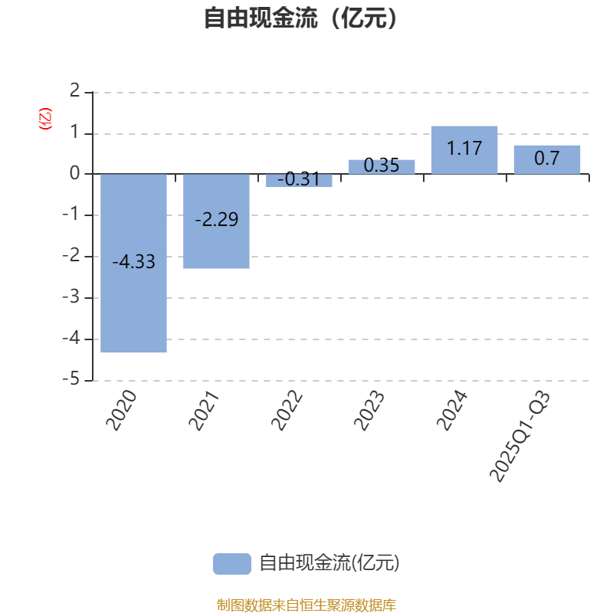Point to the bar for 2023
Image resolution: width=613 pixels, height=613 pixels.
pos(382,167)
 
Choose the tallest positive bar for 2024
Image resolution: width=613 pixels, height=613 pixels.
pos(464,150)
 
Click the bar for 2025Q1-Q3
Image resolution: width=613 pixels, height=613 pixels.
pos(547,159)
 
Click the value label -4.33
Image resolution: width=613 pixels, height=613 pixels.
pos(133,262)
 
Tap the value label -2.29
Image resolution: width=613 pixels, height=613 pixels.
pos(216,220)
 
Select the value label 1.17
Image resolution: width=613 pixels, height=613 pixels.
pos(464,148)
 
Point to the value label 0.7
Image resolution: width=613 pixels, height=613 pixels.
pos(547,159)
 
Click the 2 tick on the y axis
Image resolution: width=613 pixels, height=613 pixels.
pos(75,92)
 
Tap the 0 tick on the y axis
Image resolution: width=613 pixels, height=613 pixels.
pos(75,174)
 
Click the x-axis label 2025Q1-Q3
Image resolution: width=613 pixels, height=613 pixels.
pos(520,438)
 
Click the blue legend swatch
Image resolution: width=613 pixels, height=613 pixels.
pos(231,563)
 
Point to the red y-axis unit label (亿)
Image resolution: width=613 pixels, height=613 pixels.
pos(44,119)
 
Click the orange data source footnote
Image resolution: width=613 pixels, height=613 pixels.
pos(306,605)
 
